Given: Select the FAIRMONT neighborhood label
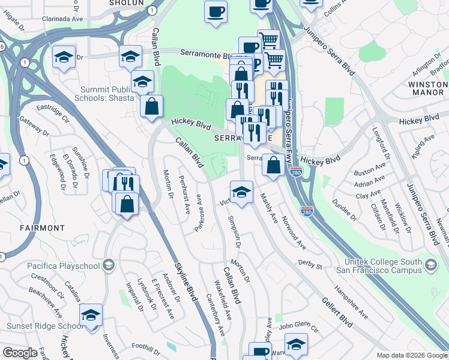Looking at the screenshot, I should (41, 228).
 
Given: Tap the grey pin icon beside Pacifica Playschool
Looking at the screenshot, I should (109, 265).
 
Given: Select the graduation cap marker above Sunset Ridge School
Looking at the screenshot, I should (91, 315).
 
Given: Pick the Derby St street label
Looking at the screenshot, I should (310, 264).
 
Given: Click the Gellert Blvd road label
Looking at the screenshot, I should (336, 312).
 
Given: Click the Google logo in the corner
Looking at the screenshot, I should (20, 353).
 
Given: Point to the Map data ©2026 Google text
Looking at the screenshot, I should (411, 355).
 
